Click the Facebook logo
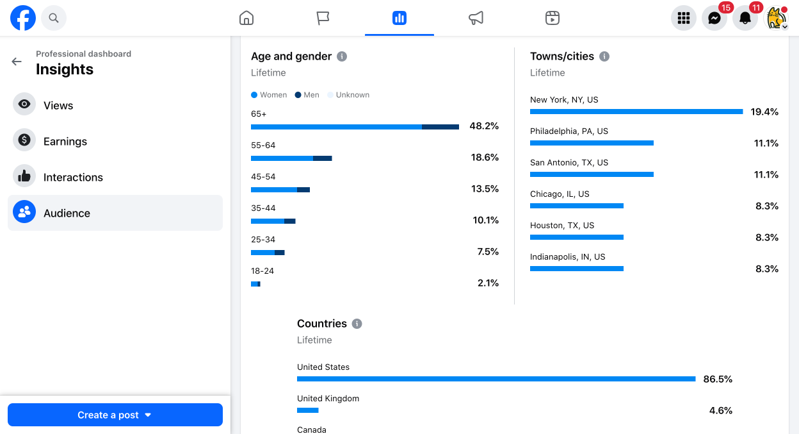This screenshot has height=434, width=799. pyautogui.click(x=23, y=18)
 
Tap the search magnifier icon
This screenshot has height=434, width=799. pyautogui.click(x=54, y=18)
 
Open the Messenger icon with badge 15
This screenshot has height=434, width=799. pyautogui.click(x=714, y=18)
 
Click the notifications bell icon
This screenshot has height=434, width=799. pyautogui.click(x=745, y=18)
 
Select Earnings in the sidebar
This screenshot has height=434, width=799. pyautogui.click(x=65, y=142)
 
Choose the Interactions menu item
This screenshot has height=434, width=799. pyautogui.click(x=73, y=177)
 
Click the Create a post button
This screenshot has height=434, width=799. pyautogui.click(x=115, y=415)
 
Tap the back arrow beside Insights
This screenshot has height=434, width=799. pyautogui.click(x=17, y=62)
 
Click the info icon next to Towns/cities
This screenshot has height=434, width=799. pyautogui.click(x=604, y=56)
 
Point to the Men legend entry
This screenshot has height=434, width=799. pyautogui.click(x=307, y=95)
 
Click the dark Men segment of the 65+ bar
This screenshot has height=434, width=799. pyautogui.click(x=440, y=127)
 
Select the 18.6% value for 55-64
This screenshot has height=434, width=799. pyautogui.click(x=485, y=158)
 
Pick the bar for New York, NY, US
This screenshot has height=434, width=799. pyautogui.click(x=636, y=112)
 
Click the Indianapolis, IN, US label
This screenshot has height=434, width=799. pyautogui.click(x=567, y=257)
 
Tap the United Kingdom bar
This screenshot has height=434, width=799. pyautogui.click(x=308, y=410)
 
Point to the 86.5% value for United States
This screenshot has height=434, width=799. pyautogui.click(x=718, y=379)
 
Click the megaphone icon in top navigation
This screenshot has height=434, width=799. pyautogui.click(x=476, y=18)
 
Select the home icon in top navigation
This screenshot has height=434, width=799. pyautogui.click(x=246, y=18)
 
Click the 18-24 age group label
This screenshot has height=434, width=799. pyautogui.click(x=262, y=271)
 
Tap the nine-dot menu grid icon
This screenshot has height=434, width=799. pyautogui.click(x=683, y=18)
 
